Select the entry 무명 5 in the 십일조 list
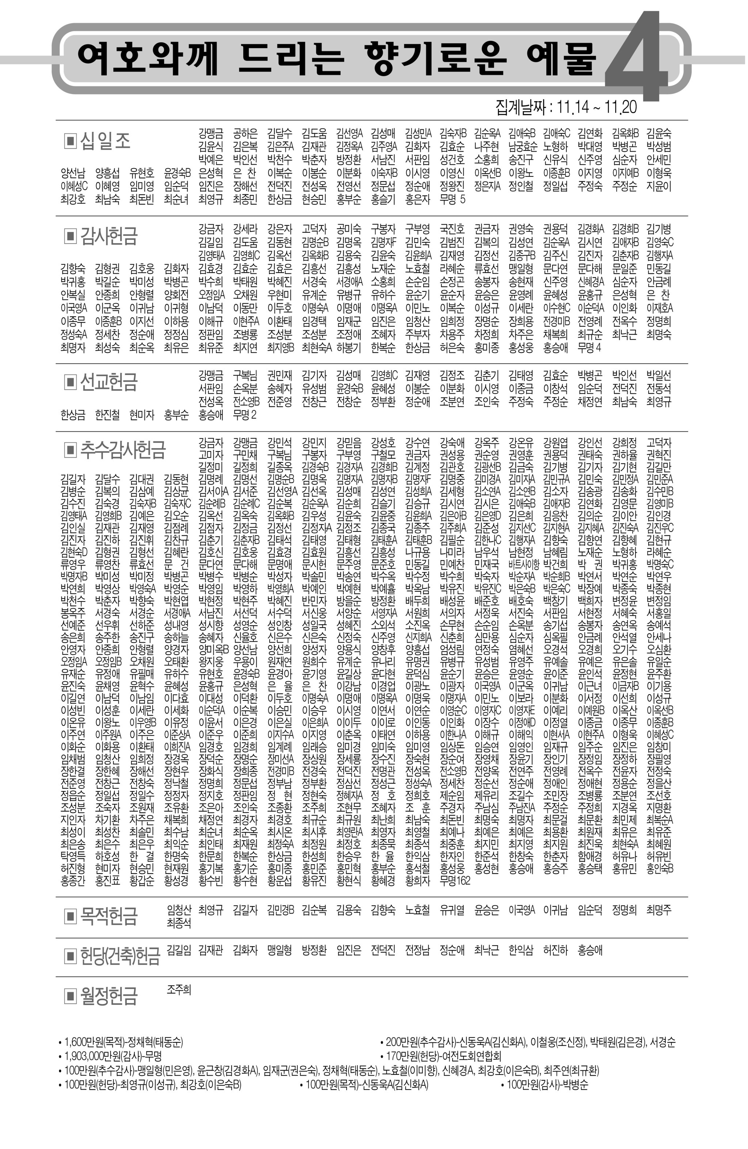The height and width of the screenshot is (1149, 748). [x=452, y=199]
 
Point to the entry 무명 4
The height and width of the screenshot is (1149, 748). [x=589, y=348]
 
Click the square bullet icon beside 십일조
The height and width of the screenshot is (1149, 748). [x=70, y=141]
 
